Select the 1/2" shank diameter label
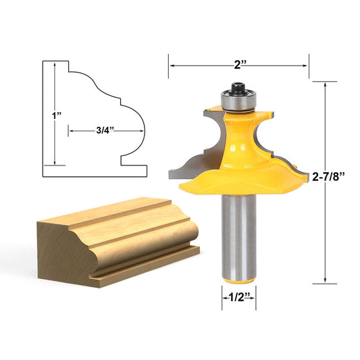click(239, 296)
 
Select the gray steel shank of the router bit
click(238, 230)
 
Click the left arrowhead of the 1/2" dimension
click(224, 296)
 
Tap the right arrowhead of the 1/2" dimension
click(253, 296)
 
